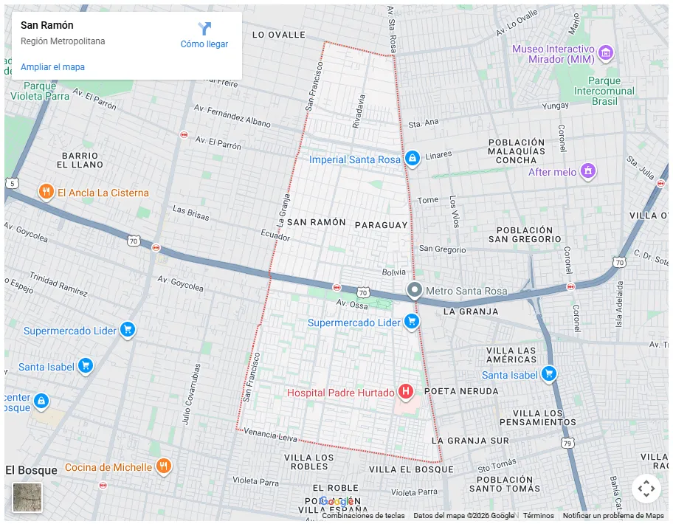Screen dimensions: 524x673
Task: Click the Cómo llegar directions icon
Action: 204,29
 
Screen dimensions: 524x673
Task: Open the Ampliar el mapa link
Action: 52,67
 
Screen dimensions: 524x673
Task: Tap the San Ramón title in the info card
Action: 47,25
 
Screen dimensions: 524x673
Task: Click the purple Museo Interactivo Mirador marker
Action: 606,52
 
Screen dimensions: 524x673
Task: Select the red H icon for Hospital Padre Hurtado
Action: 405,392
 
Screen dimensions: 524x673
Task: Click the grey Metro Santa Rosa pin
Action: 415,290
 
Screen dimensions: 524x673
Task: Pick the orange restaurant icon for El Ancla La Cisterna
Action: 46,192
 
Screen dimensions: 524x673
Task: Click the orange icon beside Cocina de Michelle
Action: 164,466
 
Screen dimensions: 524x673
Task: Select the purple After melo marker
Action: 588,171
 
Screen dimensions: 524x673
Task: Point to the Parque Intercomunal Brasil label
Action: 604,91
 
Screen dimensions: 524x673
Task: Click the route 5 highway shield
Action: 12,183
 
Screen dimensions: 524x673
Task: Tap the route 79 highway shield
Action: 567,443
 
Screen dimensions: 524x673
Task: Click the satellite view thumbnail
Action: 27,497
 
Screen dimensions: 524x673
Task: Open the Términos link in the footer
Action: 538,516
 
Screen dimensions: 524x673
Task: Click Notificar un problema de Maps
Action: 612,516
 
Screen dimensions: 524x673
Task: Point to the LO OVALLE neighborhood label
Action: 278,35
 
